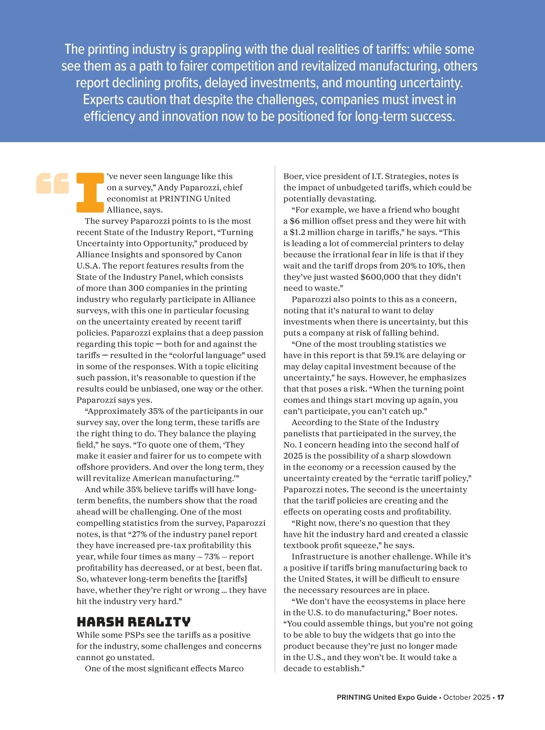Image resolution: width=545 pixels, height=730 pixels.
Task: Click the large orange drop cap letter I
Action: pyautogui.click(x=90, y=193)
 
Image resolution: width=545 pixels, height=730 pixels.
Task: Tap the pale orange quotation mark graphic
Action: pyautogui.click(x=53, y=183)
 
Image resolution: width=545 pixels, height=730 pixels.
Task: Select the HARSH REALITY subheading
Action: pyautogui.click(x=134, y=622)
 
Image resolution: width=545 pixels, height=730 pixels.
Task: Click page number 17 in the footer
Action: pyautogui.click(x=500, y=697)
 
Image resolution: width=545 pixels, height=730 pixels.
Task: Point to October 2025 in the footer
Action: pyautogui.click(x=466, y=697)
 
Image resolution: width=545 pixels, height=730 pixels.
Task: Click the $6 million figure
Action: pyautogui.click(x=307, y=221)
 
